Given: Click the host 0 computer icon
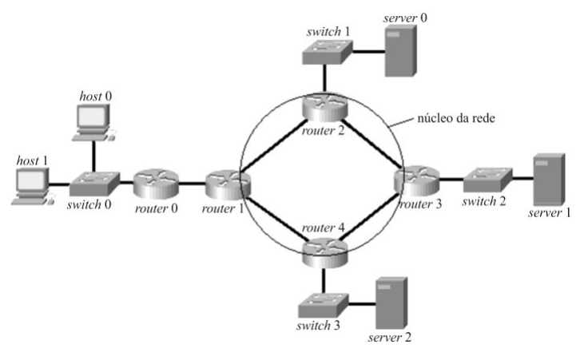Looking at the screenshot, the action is click(x=93, y=122).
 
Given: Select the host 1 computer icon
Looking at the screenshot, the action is click(x=33, y=187).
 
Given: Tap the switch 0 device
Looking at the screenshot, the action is click(x=94, y=184).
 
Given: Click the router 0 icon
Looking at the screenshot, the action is click(x=156, y=184).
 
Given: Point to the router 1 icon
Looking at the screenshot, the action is click(x=228, y=184).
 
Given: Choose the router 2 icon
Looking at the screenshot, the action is click(x=325, y=108).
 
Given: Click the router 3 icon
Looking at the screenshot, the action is click(x=417, y=181).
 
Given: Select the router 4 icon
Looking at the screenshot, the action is click(x=325, y=254).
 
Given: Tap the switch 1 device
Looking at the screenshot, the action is click(x=327, y=52).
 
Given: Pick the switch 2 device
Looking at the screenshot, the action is click(x=488, y=180).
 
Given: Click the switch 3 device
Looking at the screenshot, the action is click(x=324, y=305).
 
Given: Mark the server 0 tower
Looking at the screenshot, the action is click(x=401, y=51).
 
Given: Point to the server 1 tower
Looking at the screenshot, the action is click(x=549, y=180).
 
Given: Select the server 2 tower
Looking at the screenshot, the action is click(x=391, y=303).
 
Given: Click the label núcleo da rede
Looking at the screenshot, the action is click(x=456, y=118).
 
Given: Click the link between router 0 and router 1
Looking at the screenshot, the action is click(x=193, y=183).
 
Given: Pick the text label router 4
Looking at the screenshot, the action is click(x=324, y=227).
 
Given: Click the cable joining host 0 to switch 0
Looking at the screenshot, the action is click(x=93, y=156).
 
